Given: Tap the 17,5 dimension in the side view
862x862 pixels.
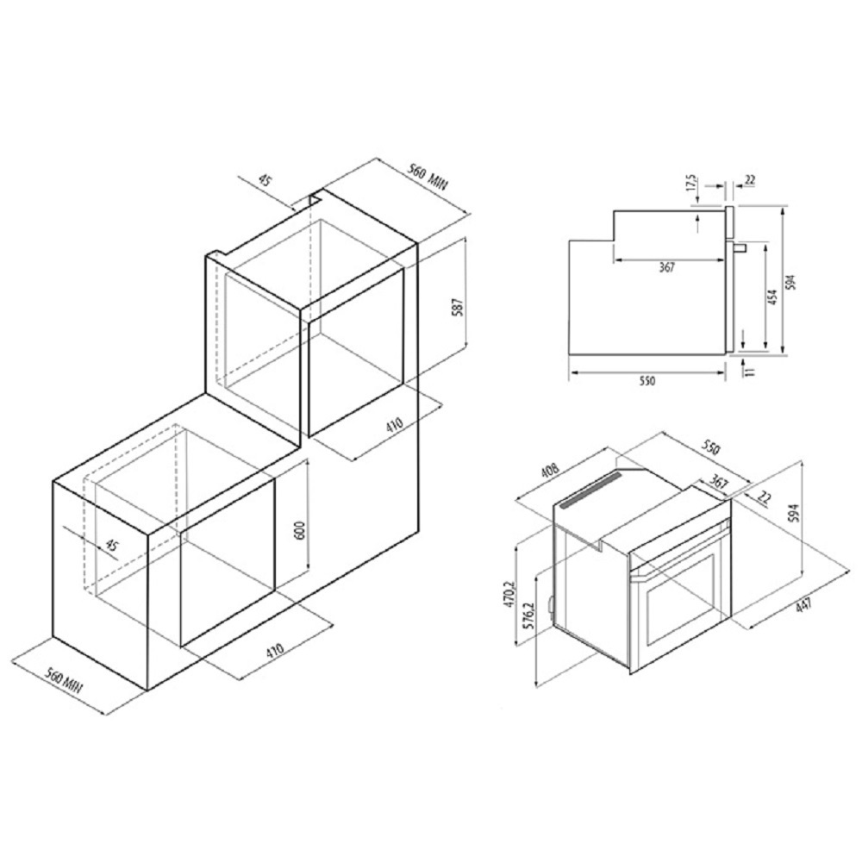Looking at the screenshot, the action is coord(691,184).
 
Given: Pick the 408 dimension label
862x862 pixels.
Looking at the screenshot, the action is coord(550,469).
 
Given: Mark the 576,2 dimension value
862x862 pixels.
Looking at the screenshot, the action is coord(529,617).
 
